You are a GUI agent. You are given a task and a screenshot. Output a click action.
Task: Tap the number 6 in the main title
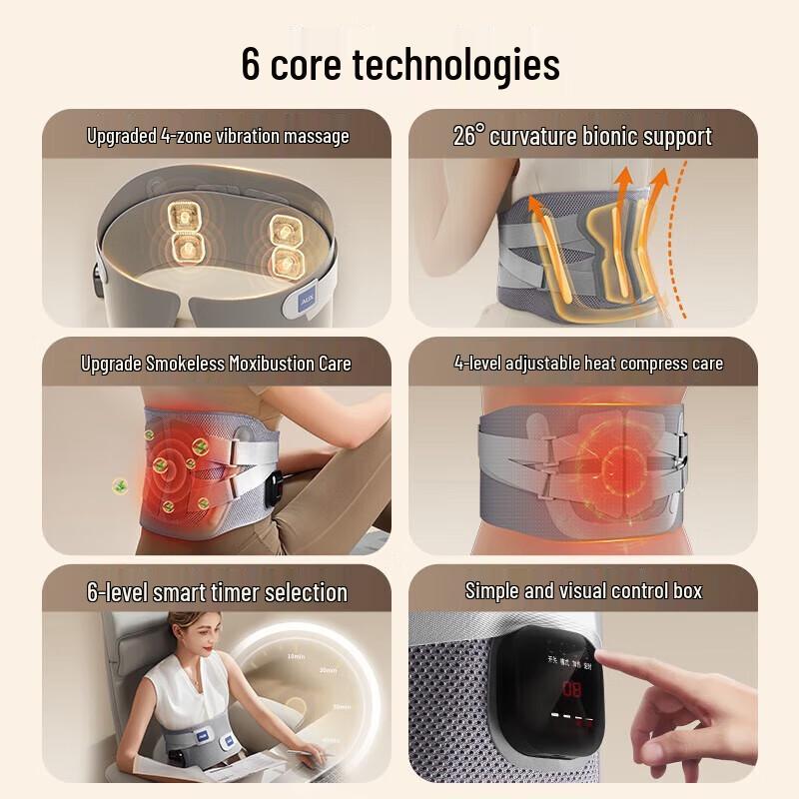coord(253,64)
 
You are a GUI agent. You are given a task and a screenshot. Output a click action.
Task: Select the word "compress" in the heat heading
coord(618,363)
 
